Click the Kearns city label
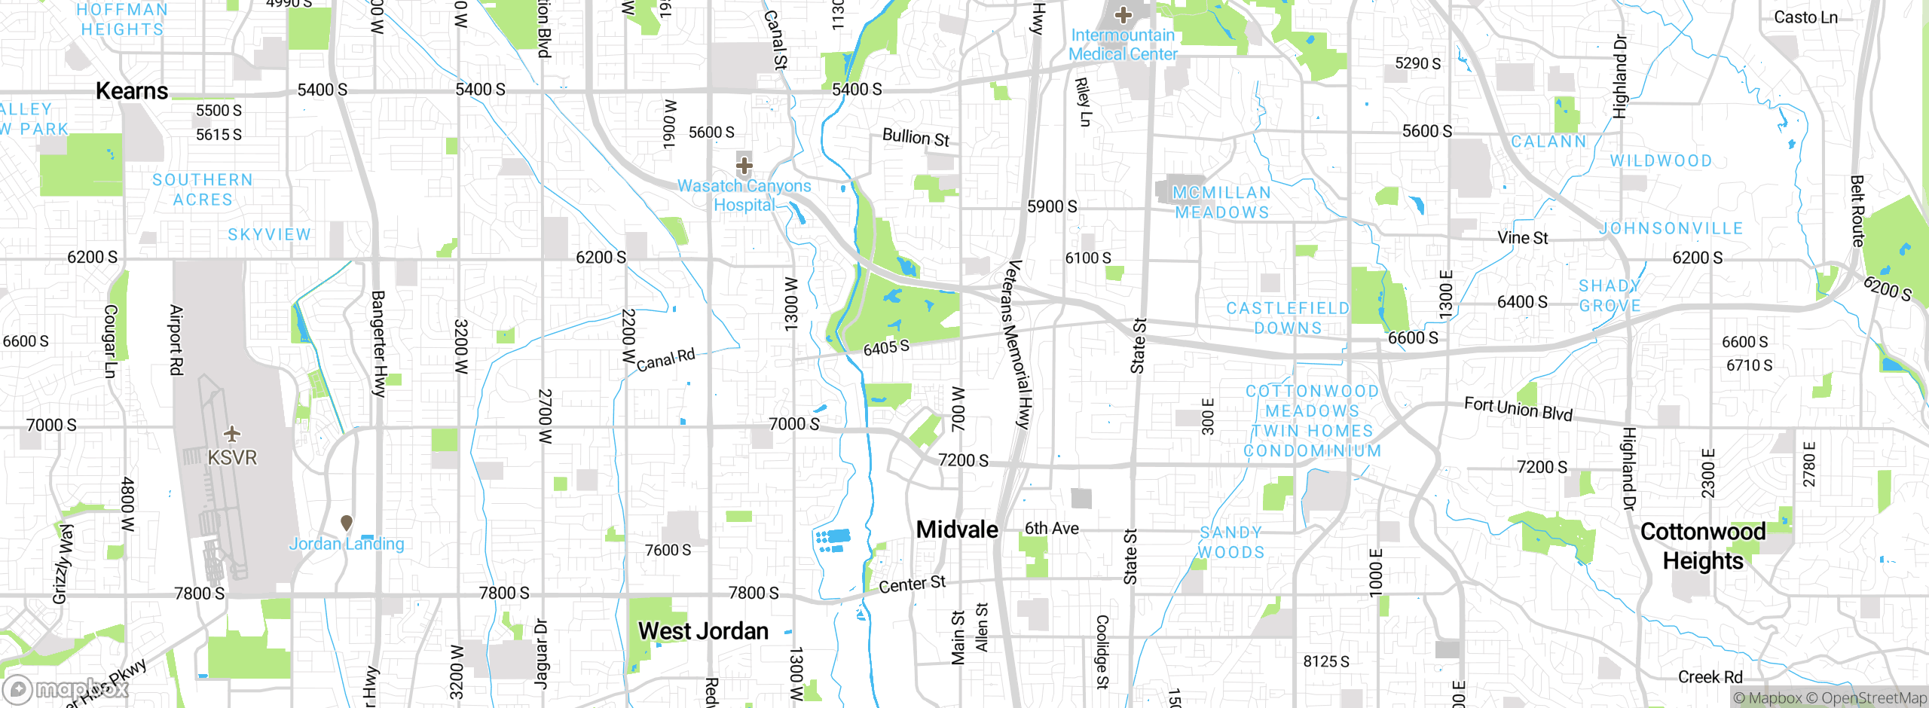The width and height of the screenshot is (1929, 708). click(132, 91)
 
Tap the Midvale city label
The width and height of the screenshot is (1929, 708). click(957, 529)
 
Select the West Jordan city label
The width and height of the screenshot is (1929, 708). click(703, 631)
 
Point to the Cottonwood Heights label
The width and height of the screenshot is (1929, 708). click(1703, 546)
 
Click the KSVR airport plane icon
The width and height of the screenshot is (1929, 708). click(232, 435)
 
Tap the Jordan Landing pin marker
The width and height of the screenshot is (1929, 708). click(347, 523)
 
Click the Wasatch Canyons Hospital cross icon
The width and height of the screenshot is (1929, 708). click(744, 165)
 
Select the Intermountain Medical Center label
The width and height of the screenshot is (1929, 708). click(1123, 44)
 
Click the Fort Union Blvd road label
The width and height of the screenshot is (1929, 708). click(1518, 409)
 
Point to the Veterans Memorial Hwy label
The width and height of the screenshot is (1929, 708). click(1019, 344)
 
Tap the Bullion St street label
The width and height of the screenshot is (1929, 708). click(916, 138)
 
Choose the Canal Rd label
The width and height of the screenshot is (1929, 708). click(665, 359)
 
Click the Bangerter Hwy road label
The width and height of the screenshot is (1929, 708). click(378, 343)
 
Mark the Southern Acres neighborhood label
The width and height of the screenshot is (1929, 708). click(203, 190)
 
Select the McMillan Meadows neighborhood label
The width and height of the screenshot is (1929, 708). click(1221, 203)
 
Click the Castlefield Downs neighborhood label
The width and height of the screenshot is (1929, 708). click(1288, 318)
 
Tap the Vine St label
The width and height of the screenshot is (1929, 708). click(1522, 238)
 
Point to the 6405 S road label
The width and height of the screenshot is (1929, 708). click(886, 347)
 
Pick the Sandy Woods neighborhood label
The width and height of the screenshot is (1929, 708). click(1231, 542)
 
